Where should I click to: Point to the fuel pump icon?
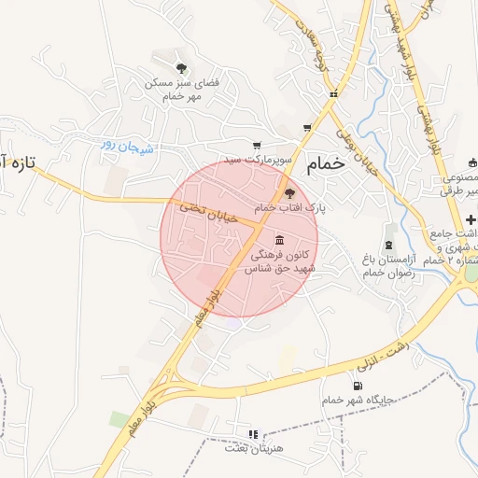356,387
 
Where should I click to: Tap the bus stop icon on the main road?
333,93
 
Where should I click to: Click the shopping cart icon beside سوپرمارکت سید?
257,146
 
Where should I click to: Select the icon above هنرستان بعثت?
252,434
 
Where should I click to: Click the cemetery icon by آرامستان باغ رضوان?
390,232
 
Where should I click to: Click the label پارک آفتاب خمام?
290,207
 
